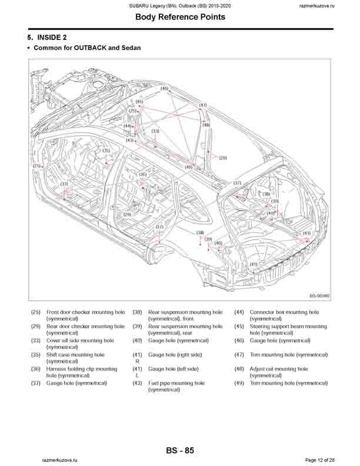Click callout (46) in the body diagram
[164, 88]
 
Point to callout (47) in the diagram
[203, 105]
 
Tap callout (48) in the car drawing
[206, 125]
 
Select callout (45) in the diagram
[139, 102]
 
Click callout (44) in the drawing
[128, 126]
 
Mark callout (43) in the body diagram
[129, 140]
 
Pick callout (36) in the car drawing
[143, 174]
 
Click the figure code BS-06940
[319, 296]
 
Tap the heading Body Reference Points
[180, 17]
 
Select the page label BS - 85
[180, 451]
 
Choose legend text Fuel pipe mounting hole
[176, 383]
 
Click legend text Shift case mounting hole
[75, 355]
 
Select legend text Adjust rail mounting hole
[279, 369]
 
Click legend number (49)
[239, 383]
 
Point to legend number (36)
[36, 369]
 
